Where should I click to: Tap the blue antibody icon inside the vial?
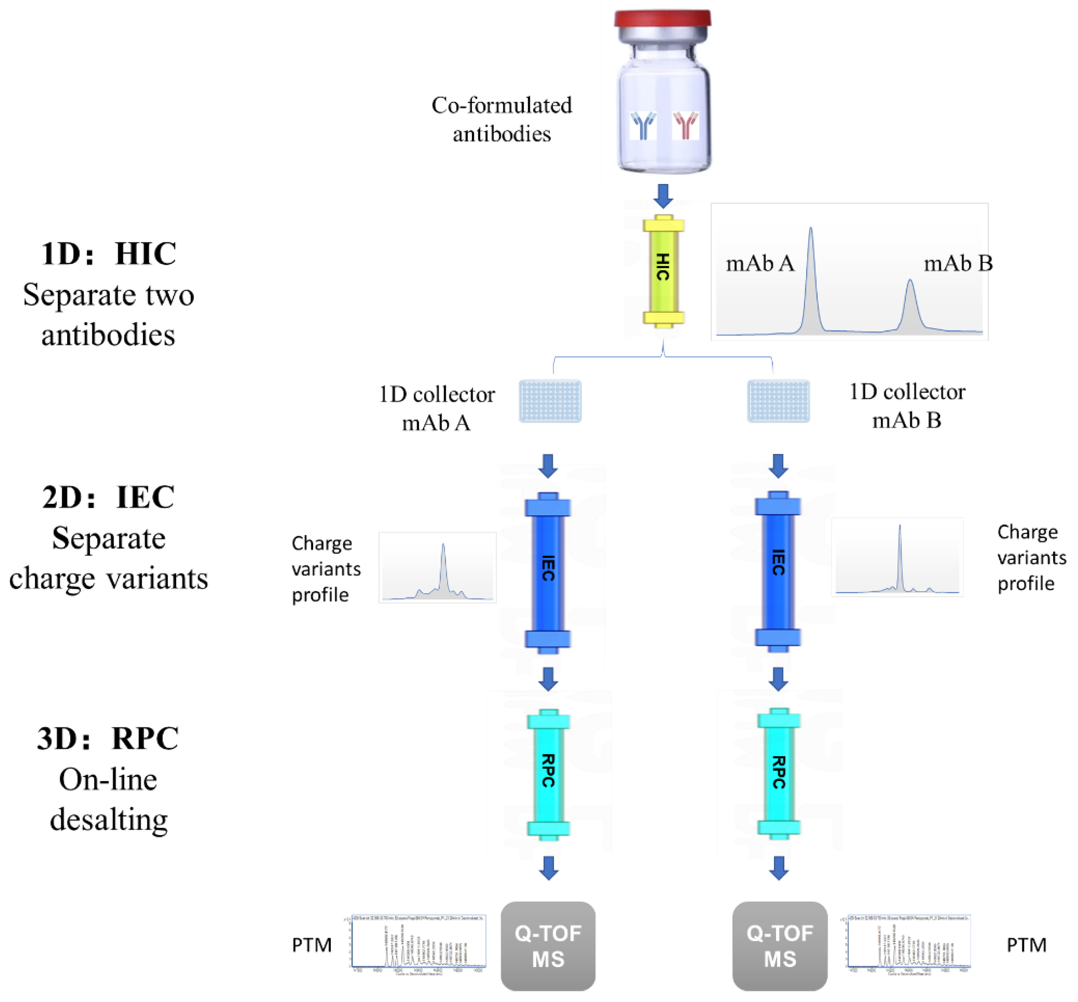[x=643, y=126]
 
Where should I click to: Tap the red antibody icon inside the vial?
[x=685, y=125]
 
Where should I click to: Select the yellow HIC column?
[x=663, y=271]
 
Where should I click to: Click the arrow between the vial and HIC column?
[x=663, y=196]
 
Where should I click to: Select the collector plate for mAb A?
[x=550, y=401]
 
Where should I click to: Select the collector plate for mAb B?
[x=778, y=401]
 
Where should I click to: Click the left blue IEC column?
[x=548, y=569]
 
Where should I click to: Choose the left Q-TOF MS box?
[x=548, y=946]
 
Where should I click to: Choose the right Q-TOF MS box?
[x=779, y=946]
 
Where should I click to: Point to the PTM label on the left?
[x=312, y=945]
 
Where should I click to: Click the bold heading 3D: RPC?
[x=108, y=738]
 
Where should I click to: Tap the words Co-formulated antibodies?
[x=502, y=119]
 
